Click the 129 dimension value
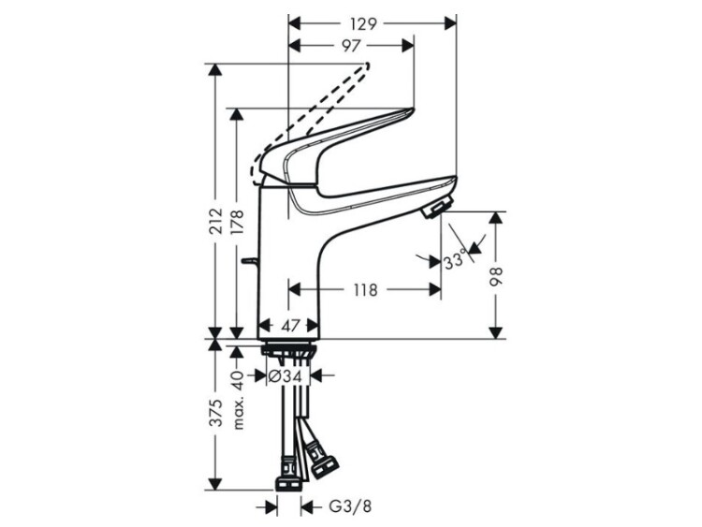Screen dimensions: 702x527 [x=363, y=23]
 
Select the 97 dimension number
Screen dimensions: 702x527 [x=351, y=45]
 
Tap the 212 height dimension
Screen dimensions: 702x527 [x=216, y=221]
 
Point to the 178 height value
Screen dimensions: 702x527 [x=237, y=222]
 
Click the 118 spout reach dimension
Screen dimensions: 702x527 [x=366, y=289]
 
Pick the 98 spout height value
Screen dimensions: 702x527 [x=495, y=276]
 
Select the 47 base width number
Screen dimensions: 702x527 [x=290, y=325]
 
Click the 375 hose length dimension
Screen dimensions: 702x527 [x=216, y=413]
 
